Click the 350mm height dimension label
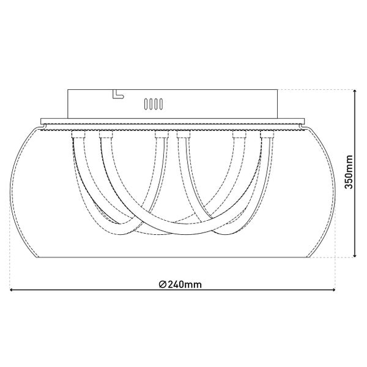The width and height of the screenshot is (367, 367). pyautogui.click(x=349, y=172)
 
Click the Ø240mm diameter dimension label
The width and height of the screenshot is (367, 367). pyautogui.click(x=180, y=284)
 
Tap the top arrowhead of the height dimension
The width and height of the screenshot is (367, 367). pyautogui.click(x=355, y=91)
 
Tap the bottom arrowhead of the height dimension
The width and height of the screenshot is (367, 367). pyautogui.click(x=355, y=255)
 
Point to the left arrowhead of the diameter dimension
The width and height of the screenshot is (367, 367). pyautogui.click(x=12, y=290)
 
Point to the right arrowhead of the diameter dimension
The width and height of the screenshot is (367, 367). pyautogui.click(x=333, y=290)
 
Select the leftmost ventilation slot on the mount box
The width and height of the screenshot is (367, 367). pyautogui.click(x=146, y=104)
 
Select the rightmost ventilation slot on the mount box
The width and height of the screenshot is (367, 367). pyautogui.click(x=161, y=104)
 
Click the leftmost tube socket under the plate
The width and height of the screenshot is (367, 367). pyautogui.click(x=79, y=135)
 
